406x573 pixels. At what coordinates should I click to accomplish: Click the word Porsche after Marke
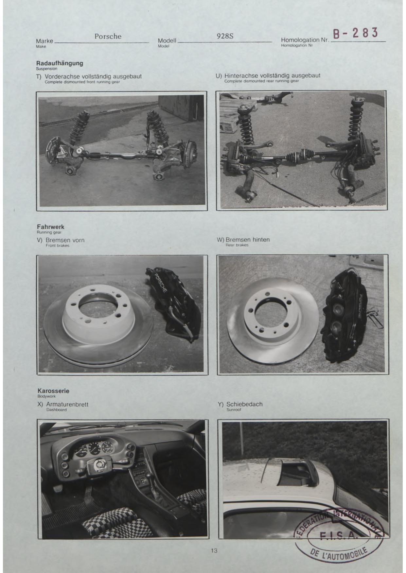[x=108, y=36]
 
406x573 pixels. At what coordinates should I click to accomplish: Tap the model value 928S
[x=225, y=36]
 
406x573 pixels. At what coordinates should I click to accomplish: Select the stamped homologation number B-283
[x=356, y=33]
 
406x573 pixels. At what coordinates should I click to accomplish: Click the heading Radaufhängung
[x=60, y=63]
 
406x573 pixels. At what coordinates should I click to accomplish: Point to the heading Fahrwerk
[x=50, y=227]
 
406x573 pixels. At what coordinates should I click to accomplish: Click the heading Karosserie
[x=53, y=391]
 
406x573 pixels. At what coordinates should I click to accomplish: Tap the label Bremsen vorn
[x=65, y=240]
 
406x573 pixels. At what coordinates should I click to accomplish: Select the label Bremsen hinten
[x=248, y=239]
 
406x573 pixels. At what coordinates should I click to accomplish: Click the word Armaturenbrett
[x=67, y=404]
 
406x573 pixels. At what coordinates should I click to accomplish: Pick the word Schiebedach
[x=244, y=404]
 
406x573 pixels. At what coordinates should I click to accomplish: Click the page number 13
[x=214, y=551]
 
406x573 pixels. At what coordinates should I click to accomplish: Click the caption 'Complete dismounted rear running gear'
[x=261, y=81]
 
